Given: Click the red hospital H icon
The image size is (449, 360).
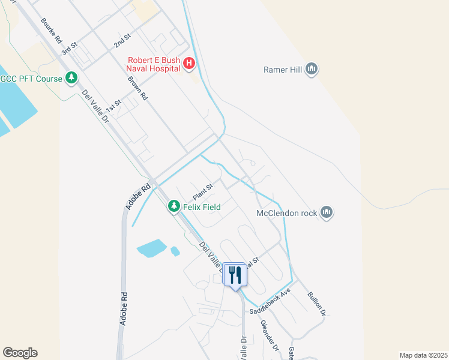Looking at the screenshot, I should (x=189, y=63).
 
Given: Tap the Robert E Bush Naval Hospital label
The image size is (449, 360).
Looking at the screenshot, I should (x=154, y=64).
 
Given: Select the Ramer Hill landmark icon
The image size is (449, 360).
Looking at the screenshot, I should (x=312, y=70).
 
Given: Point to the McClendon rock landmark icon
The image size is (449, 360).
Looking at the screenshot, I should (x=327, y=212).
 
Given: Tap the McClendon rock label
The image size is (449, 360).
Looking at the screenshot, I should (x=287, y=212).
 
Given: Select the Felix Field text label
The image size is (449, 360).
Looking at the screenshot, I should (x=202, y=207).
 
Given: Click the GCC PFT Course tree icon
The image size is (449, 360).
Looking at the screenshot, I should (x=72, y=78).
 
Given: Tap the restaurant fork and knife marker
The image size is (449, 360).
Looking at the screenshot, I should (x=235, y=275).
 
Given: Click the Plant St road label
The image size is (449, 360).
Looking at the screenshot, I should (x=203, y=192).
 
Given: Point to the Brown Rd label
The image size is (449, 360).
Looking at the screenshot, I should (x=137, y=87).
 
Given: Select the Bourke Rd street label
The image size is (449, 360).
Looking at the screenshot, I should (x=52, y=30).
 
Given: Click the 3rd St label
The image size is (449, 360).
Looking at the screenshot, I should (x=73, y=47).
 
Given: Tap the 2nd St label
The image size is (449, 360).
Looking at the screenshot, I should (x=122, y=41).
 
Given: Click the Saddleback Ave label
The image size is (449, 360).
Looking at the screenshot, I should (x=270, y=301).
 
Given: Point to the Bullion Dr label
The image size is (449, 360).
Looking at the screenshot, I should (x=316, y=304).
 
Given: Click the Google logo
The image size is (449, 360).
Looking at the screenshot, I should (x=20, y=353).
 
